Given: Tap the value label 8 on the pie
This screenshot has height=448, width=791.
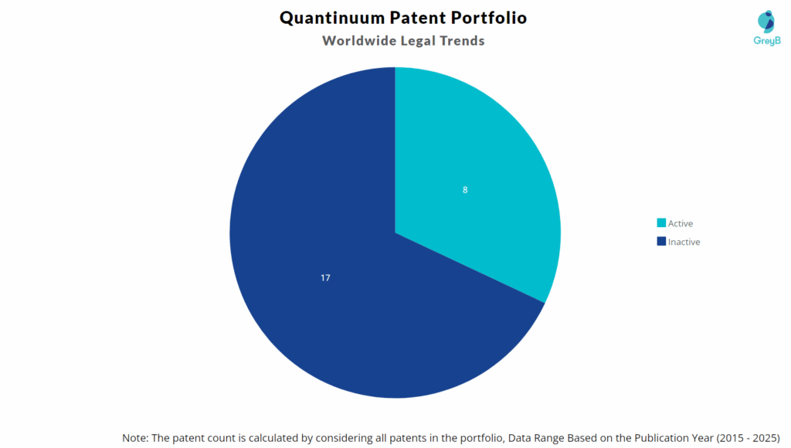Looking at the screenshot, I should [x=465, y=189].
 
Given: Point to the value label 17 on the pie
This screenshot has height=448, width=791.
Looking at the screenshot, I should [x=325, y=277].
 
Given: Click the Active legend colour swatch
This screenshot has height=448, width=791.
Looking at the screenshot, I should [x=661, y=223].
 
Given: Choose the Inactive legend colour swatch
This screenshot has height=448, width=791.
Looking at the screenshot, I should [x=661, y=242].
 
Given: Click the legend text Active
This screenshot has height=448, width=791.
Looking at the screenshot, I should [x=681, y=224].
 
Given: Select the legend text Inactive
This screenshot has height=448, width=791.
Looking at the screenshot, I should [x=684, y=242].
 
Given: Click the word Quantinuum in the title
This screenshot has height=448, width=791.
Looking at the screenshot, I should [x=325, y=18].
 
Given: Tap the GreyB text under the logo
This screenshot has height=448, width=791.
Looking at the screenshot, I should [x=766, y=40].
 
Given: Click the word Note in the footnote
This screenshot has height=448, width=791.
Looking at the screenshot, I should [x=136, y=437].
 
